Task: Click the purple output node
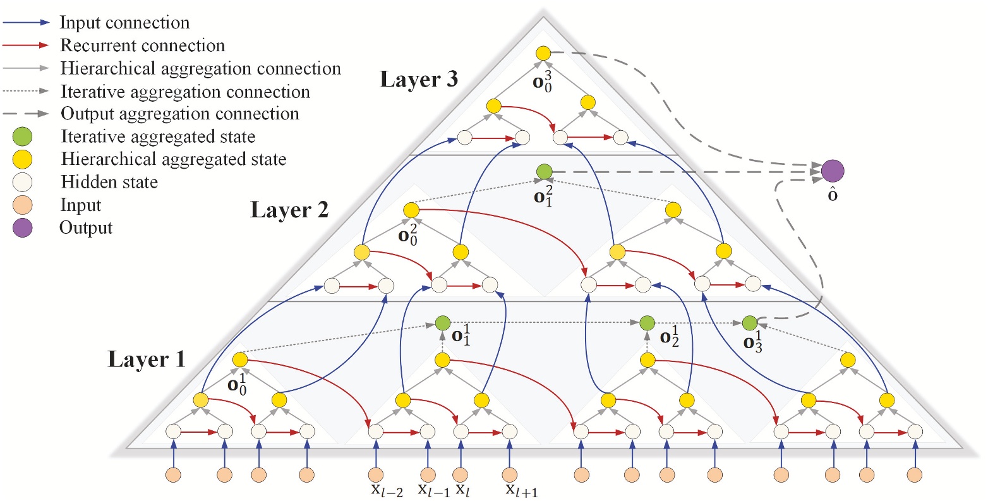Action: coord(832,171)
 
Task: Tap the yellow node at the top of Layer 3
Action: coord(543,54)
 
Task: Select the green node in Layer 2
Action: coord(543,171)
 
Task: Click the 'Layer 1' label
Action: coord(147,359)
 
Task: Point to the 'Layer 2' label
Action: coord(289,210)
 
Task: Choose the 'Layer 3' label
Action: coord(419,80)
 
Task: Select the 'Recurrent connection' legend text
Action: coord(142,45)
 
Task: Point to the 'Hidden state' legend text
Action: coord(109,182)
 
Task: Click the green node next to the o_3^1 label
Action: coord(749,323)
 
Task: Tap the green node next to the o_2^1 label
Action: coord(646,323)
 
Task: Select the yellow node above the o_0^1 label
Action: coord(240,359)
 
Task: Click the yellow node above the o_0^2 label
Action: coord(411,209)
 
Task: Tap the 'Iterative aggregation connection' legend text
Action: coord(184,92)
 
